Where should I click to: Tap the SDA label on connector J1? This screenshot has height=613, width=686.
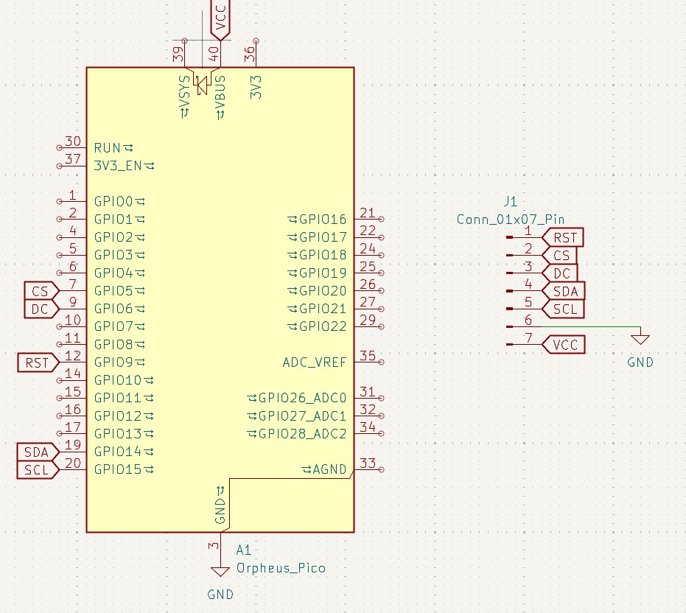pos(564,291)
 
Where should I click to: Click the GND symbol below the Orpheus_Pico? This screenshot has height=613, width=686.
pos(219,572)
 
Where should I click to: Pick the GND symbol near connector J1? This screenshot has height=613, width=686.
pos(640,340)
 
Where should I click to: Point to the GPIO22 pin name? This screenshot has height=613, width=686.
pos(321,326)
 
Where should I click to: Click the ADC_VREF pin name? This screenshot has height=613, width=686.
pos(314,362)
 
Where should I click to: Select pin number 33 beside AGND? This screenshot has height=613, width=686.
pos(368,463)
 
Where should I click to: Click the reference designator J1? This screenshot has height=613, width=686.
pos(511,201)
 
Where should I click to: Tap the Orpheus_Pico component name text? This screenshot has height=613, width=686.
pos(281,568)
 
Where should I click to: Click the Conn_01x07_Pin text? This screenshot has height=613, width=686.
pos(511,219)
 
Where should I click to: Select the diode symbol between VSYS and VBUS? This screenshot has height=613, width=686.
pos(202,85)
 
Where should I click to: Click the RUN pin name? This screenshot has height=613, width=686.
pos(108,148)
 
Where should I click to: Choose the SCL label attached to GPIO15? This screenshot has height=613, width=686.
pos(36,470)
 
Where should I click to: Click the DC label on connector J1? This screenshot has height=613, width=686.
pos(560,273)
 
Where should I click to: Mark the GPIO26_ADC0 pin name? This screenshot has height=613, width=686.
pos(301,398)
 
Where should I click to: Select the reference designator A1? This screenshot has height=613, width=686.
pos(244,550)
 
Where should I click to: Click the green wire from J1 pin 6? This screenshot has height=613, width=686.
pos(589,326)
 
